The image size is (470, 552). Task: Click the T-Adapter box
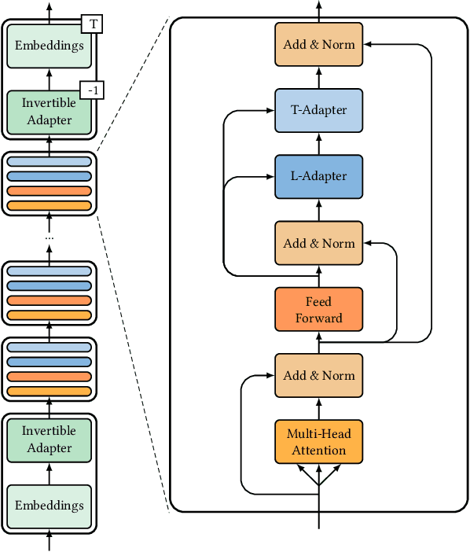click(x=319, y=110)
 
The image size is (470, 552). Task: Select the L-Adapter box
click(x=319, y=176)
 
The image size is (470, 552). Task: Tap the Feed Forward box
click(x=319, y=309)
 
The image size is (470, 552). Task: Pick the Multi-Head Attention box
click(x=319, y=442)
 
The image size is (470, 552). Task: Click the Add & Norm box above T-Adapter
click(x=319, y=44)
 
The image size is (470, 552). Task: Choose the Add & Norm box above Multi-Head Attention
click(x=319, y=375)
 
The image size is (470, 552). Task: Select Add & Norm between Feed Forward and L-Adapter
click(x=319, y=243)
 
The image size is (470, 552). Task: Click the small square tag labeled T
click(x=94, y=24)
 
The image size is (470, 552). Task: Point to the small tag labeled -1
click(x=94, y=91)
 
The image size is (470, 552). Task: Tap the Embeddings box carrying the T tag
click(x=50, y=46)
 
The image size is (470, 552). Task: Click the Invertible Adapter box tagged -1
click(x=50, y=112)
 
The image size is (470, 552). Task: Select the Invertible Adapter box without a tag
click(x=50, y=440)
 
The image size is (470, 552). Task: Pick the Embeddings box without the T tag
click(x=50, y=505)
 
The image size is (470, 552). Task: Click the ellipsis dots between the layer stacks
click(x=50, y=237)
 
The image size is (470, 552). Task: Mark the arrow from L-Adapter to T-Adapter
click(x=319, y=143)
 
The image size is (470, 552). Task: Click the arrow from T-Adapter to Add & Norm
click(x=319, y=77)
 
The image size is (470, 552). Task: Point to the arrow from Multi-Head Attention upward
click(x=319, y=409)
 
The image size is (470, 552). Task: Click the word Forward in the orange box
click(x=319, y=318)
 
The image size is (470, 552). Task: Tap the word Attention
click(x=319, y=451)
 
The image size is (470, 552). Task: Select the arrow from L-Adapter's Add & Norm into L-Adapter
click(x=319, y=210)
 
